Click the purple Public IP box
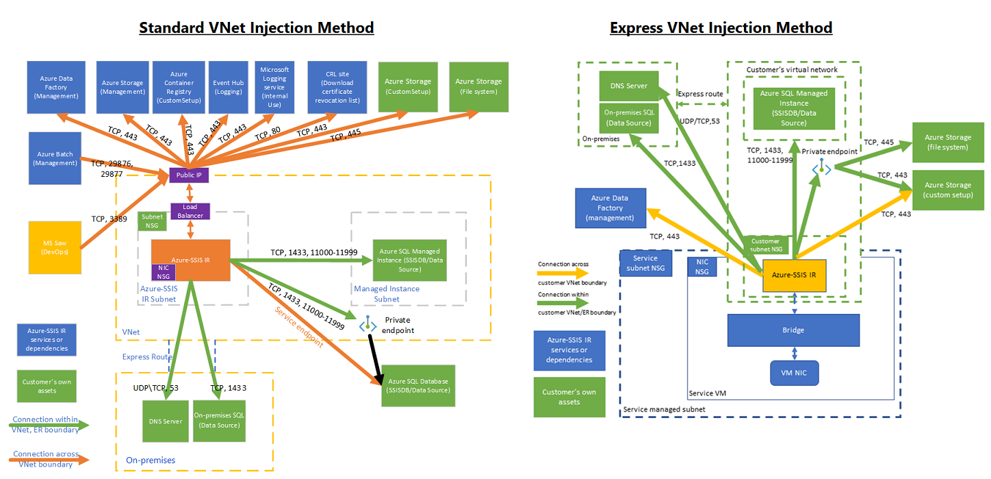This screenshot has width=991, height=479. click(190, 175)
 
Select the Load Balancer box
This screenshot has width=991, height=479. click(190, 210)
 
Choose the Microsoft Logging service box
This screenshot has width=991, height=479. click(275, 86)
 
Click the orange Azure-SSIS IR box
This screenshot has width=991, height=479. click(190, 260)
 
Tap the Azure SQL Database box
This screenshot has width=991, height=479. click(419, 385)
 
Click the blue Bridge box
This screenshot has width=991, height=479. click(793, 330)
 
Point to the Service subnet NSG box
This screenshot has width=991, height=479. click(645, 263)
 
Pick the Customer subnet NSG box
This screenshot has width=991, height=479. click(765, 245)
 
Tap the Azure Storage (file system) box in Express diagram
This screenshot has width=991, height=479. click(948, 142)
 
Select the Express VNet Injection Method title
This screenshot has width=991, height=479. click(721, 28)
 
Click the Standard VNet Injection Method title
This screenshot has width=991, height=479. click(257, 28)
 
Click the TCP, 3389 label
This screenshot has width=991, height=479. click(108, 219)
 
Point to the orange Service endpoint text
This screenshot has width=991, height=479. click(298, 328)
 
